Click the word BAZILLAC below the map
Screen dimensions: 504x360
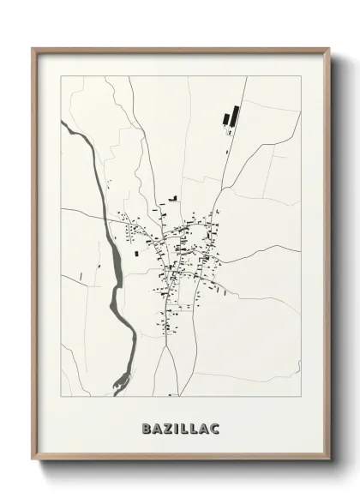pos(181,426)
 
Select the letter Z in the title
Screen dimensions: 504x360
pos(166,426)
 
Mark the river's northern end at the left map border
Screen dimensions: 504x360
pos(63,123)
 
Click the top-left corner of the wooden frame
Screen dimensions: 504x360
pos(33,49)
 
